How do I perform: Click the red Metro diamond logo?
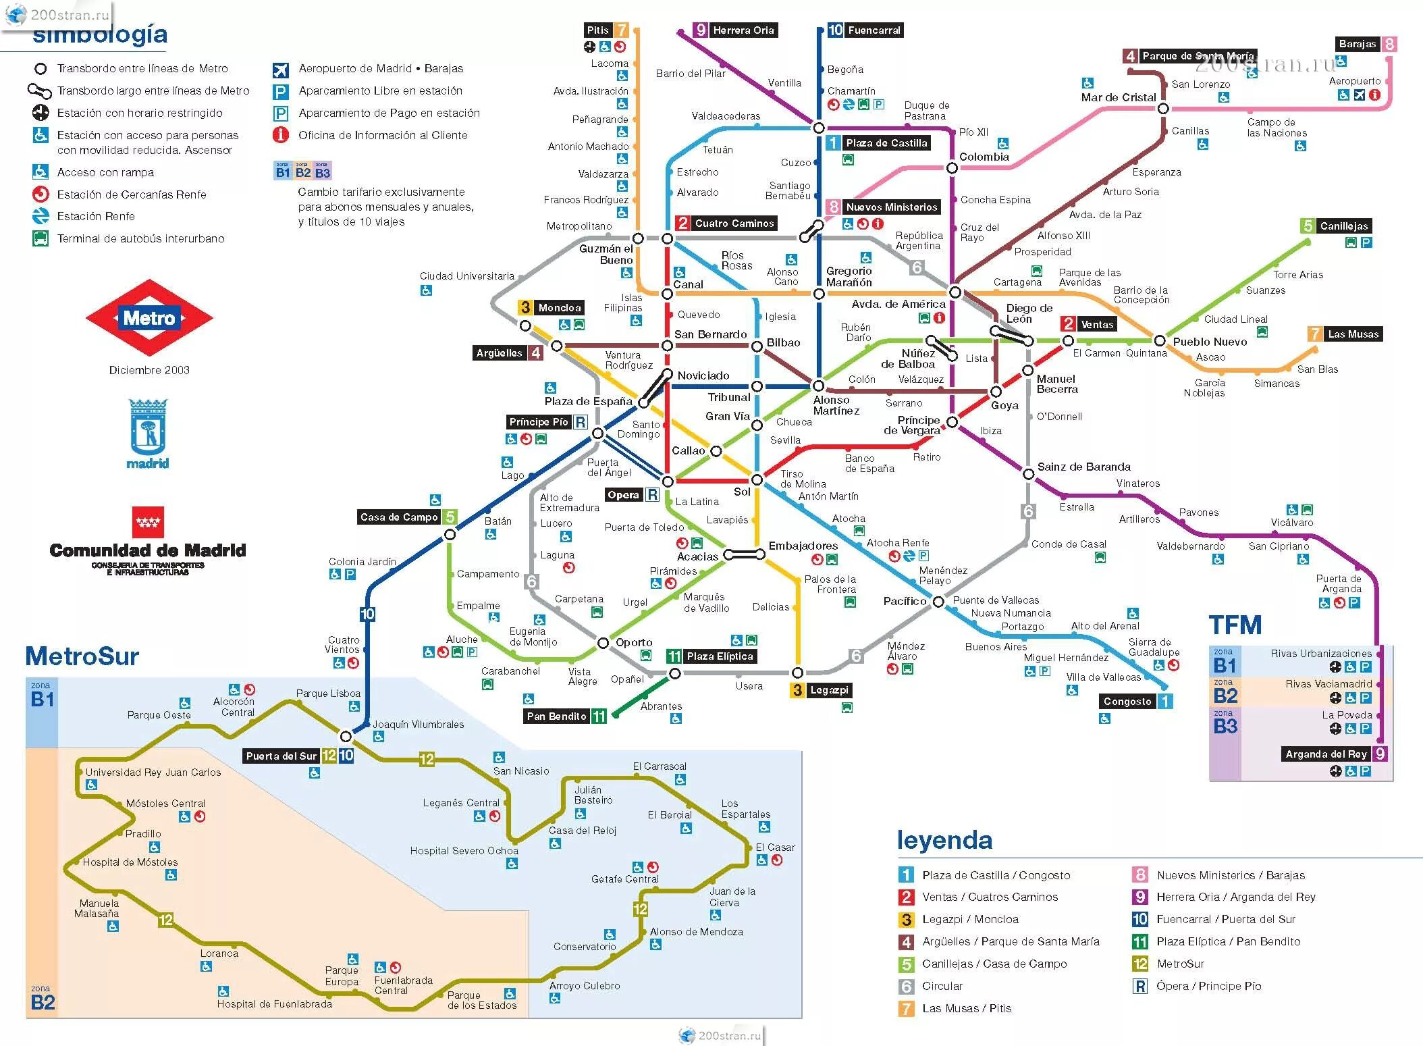(149, 317)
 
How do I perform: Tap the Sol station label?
(742, 492)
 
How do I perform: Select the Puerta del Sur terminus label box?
(281, 756)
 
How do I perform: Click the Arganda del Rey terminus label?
(1326, 754)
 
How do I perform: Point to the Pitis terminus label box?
(598, 30)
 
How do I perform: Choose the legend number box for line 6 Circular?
(906, 986)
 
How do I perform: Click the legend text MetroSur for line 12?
(1180, 964)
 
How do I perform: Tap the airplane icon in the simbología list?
(280, 70)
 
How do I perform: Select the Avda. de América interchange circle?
(955, 292)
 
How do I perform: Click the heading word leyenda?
(944, 840)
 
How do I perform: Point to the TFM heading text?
(1235, 625)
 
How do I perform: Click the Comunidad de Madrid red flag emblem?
(148, 522)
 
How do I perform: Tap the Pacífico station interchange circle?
(938, 601)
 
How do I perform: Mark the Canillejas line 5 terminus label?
(1343, 226)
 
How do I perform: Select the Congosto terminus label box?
(1127, 701)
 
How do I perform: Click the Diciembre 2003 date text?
(149, 370)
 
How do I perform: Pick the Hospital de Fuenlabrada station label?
(274, 1003)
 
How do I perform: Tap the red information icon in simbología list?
(280, 135)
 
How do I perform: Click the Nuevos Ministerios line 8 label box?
(891, 207)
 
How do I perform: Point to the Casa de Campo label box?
(399, 517)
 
